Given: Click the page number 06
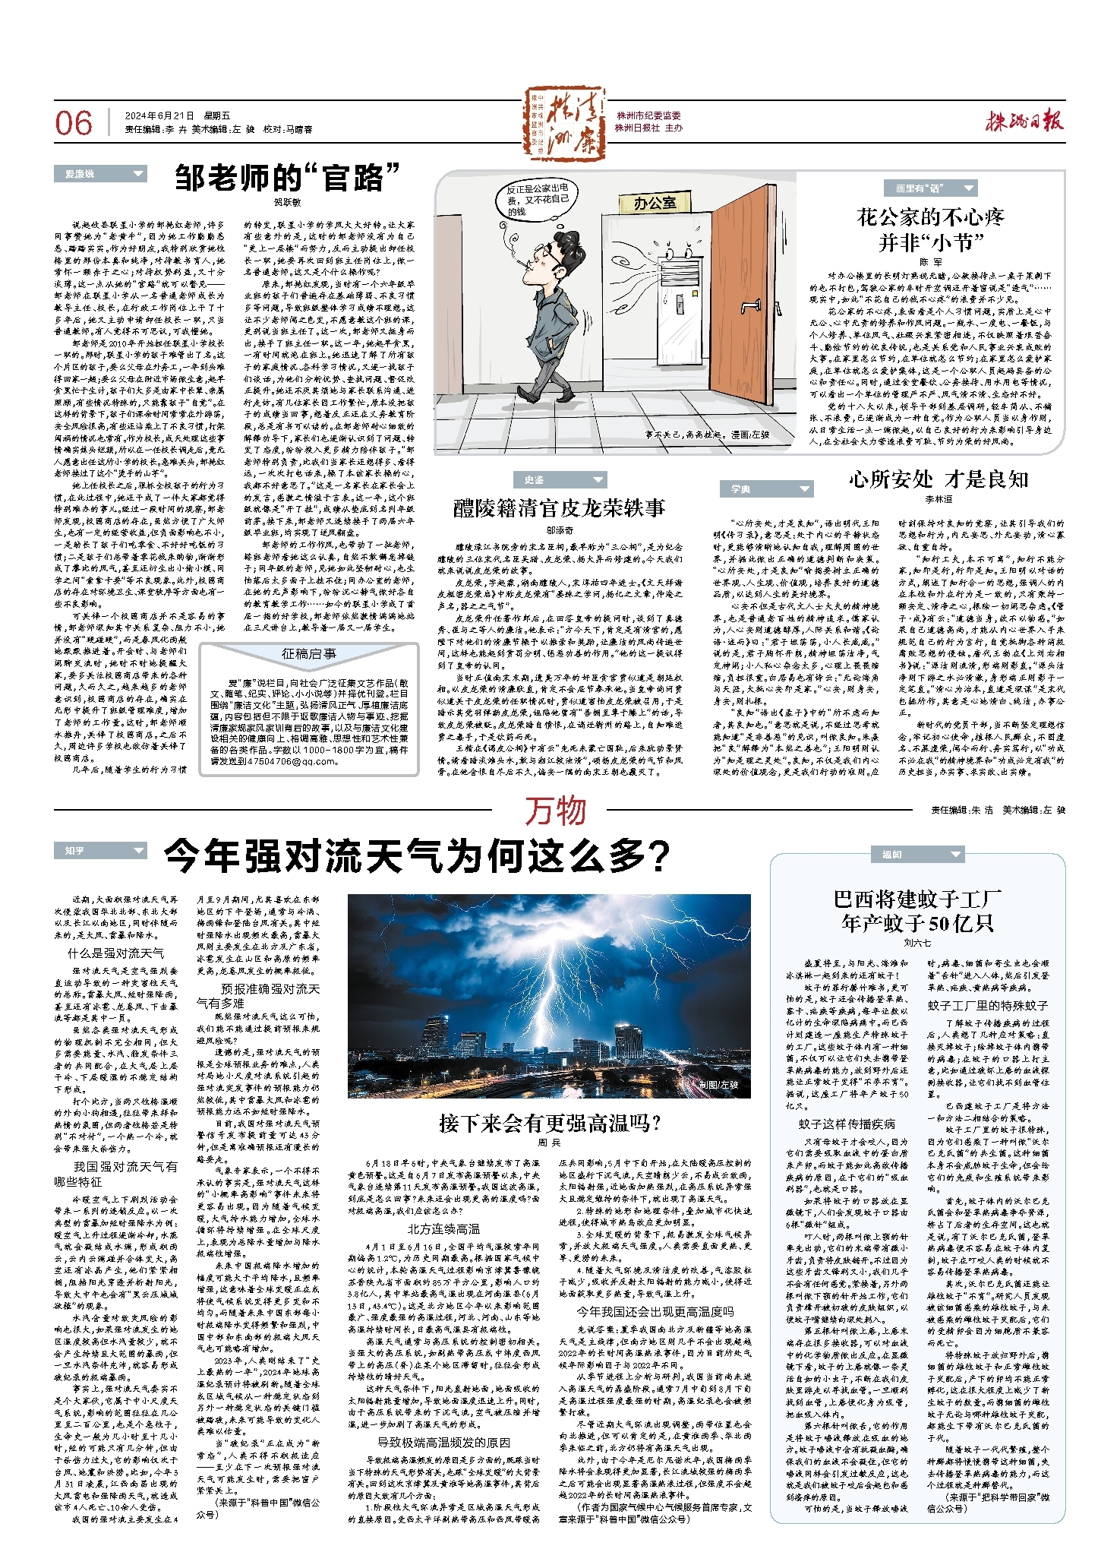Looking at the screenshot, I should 74,123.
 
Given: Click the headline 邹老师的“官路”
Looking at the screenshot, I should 287,178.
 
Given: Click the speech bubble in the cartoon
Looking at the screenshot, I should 538,199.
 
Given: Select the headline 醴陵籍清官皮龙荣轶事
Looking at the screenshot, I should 559,508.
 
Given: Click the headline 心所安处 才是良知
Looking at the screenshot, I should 939,479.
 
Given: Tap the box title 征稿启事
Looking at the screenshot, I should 309,653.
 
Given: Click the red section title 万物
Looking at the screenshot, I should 556,811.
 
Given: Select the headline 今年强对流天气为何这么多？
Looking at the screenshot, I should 417,855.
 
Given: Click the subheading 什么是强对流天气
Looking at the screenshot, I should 116,953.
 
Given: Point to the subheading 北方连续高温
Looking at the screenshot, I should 443,1228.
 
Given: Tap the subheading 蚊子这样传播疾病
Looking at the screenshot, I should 847,1124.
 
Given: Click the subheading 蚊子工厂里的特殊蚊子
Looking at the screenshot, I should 987,1004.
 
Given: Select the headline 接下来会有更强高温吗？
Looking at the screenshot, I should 549,1123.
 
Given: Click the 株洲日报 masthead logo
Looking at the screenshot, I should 1024,122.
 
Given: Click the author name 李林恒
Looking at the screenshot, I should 939,499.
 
